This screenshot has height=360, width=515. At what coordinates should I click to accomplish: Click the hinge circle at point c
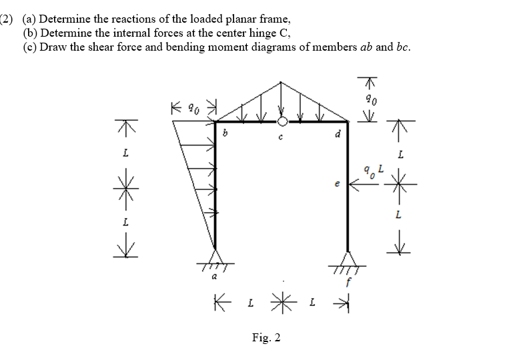(x=283, y=121)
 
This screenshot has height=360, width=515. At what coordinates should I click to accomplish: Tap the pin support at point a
(x=215, y=259)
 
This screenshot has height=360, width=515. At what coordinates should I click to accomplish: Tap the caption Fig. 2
(x=266, y=338)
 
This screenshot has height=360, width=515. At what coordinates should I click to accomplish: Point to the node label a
(x=215, y=275)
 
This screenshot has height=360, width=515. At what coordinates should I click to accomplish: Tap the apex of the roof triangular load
(x=282, y=82)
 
